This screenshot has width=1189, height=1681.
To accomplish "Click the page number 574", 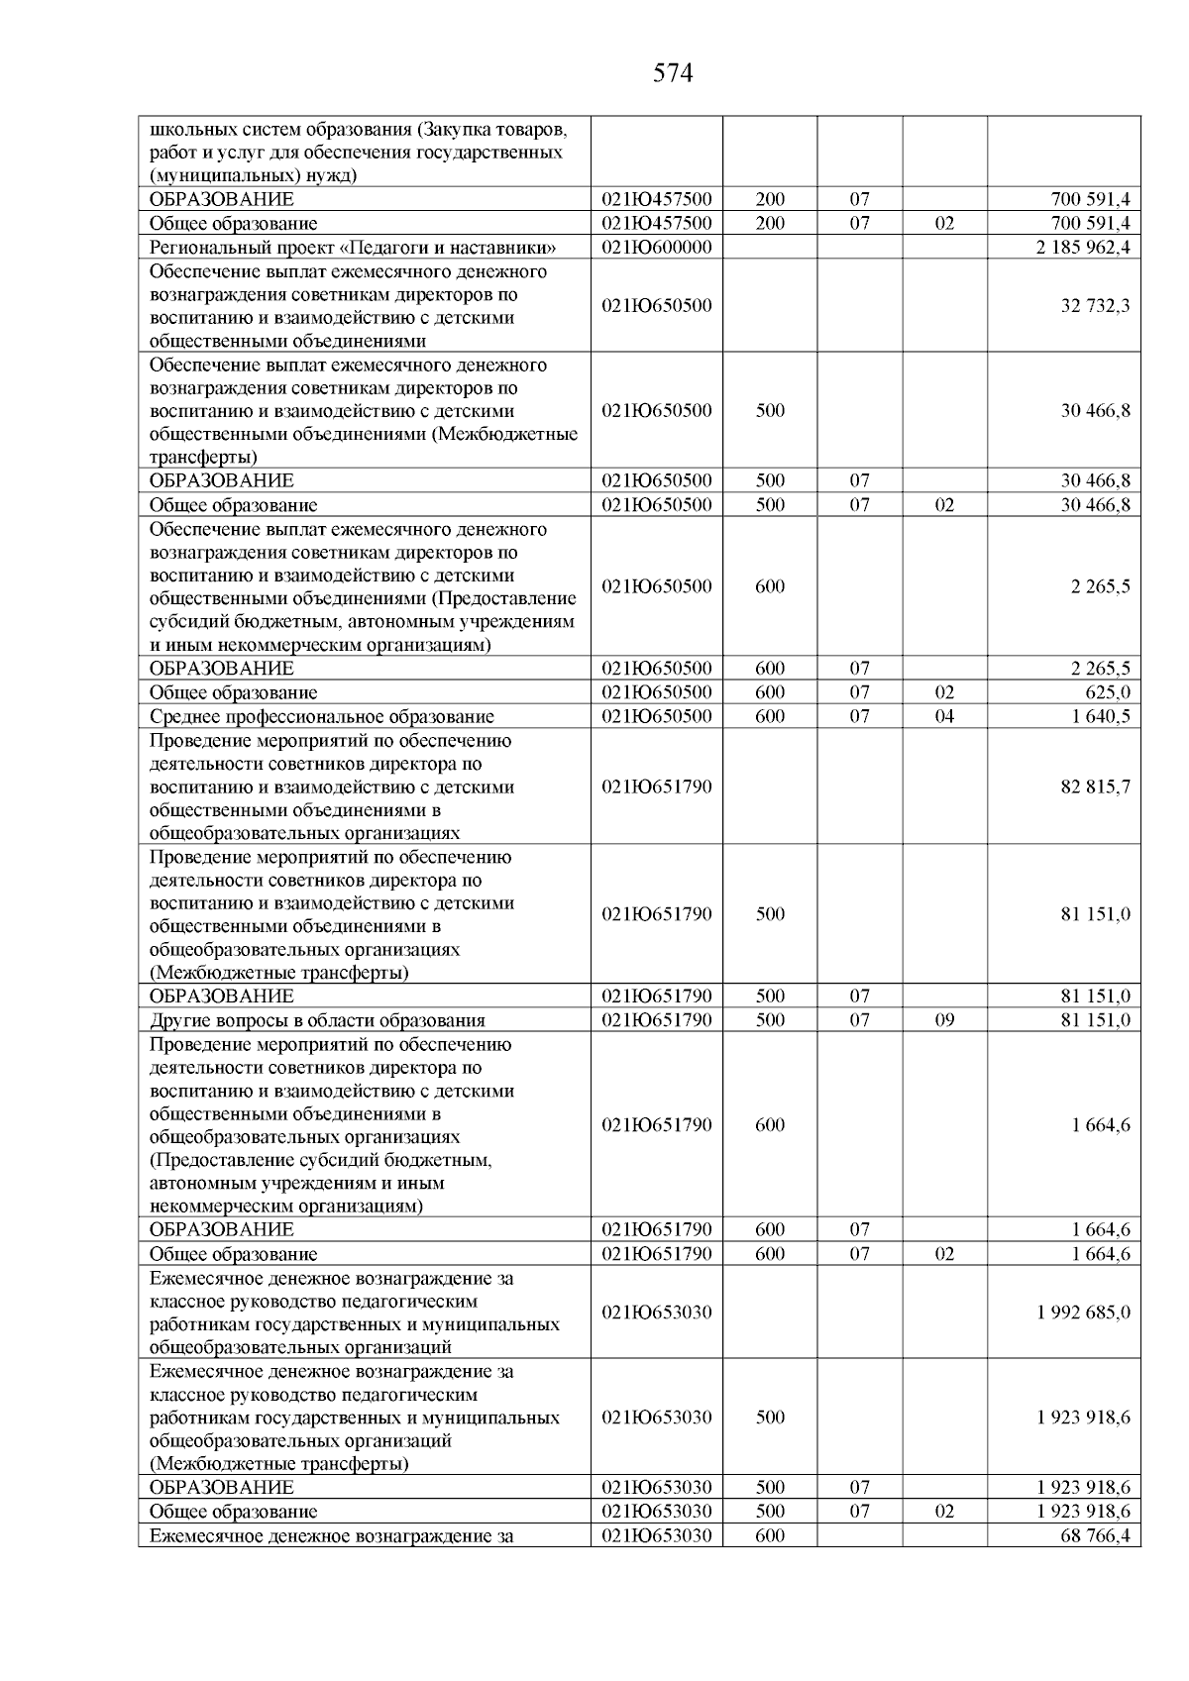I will pos(673,73).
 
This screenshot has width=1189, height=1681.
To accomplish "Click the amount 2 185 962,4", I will pos(1083,247).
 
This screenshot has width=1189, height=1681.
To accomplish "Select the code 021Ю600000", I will pos(656,247).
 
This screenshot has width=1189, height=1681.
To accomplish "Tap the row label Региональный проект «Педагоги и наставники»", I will pos(353,248).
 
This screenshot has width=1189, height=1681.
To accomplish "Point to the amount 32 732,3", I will pos(1095,306).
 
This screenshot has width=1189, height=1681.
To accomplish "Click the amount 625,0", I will pos(1107,692).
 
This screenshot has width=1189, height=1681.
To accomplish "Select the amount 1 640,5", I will pos(1100,716).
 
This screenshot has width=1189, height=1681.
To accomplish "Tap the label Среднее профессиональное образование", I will pos(321,716).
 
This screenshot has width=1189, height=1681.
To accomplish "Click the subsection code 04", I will pos(944,716).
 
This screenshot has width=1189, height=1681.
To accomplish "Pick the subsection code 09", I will pos(944,1020).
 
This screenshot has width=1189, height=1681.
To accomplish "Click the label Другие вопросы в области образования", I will pos(317,1020).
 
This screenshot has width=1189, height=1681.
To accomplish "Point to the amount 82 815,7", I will pos(1095,788).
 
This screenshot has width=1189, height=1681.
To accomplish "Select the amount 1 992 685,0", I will pos(1083,1313).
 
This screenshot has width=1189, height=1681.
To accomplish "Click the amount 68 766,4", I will pos(1095,1535).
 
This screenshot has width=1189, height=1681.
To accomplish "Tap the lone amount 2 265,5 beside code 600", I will pos(1100,586).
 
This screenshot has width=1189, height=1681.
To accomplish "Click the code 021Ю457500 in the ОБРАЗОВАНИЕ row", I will pos(656,200).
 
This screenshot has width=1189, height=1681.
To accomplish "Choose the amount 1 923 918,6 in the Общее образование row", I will pos(1083,1512).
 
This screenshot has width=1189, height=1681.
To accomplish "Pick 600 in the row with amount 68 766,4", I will pos(770,1535).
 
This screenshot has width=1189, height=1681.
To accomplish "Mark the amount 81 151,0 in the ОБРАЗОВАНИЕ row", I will pos(1095,997).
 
